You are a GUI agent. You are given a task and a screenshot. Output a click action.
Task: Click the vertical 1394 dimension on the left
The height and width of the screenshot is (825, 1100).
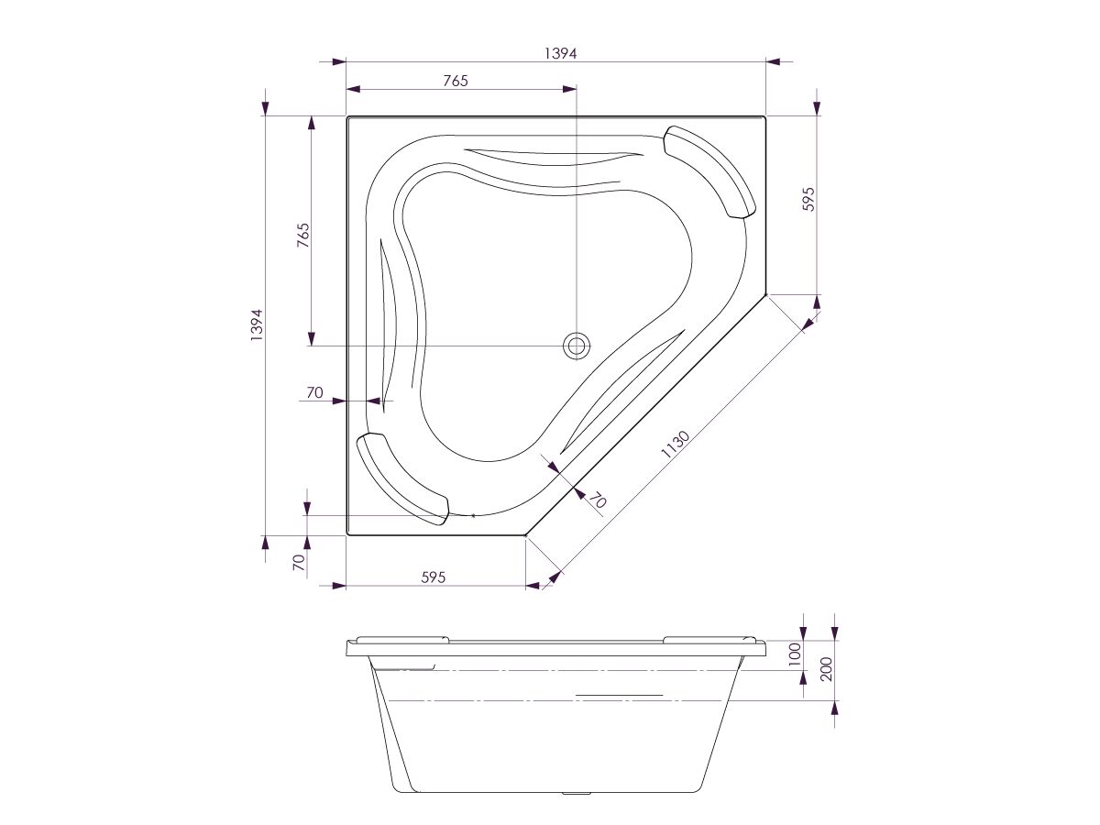point(258,325)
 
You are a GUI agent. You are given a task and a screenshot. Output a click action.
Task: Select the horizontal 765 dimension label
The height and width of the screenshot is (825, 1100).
point(456,81)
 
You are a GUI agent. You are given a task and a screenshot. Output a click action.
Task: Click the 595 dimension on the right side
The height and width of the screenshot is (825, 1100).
point(808,199)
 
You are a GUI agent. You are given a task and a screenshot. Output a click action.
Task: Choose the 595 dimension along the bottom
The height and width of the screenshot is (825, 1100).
point(434,577)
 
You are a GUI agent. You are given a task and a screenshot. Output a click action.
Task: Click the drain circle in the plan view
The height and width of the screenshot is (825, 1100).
point(577,346)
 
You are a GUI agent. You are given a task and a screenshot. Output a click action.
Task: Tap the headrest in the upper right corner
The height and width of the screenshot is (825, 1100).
point(712,170)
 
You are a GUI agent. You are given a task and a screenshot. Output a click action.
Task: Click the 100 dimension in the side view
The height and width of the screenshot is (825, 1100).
point(795,653)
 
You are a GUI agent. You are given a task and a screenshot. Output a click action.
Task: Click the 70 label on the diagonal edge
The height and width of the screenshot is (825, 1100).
point(597,500)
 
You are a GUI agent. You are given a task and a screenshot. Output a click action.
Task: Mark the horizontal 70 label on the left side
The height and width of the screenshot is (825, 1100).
point(314,393)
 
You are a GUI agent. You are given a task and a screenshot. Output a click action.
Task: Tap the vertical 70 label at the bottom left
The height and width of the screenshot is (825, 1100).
point(298,563)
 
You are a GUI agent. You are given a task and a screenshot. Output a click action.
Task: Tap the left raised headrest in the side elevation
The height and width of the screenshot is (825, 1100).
point(401,639)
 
